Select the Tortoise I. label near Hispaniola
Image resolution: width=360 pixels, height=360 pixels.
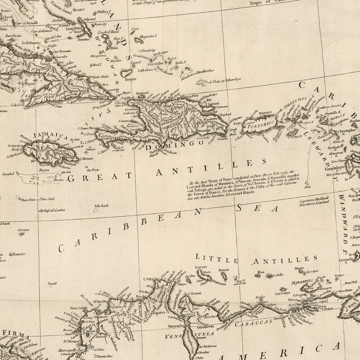[x=141, y=92]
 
